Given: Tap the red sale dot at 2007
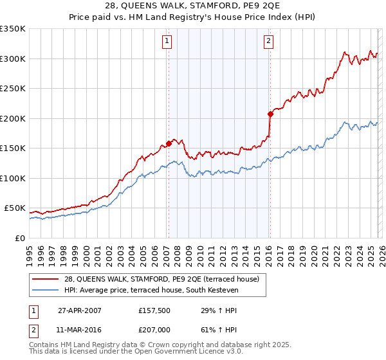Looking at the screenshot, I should click(x=169, y=143).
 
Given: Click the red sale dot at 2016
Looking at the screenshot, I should click(x=270, y=114).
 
